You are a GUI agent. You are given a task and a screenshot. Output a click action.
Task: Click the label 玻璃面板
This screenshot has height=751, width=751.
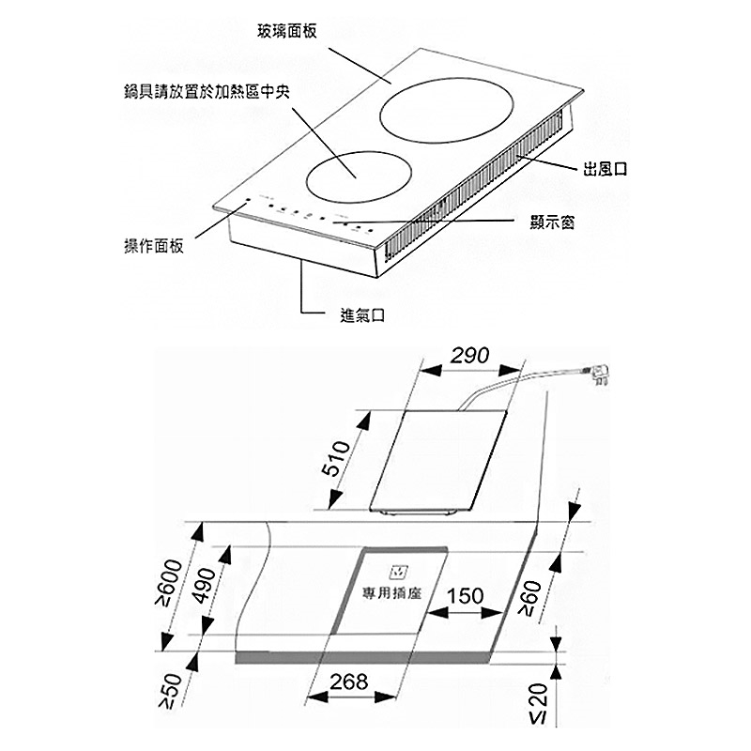point(287,32)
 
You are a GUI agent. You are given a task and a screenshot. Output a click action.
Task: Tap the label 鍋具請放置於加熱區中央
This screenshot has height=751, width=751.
point(207,91)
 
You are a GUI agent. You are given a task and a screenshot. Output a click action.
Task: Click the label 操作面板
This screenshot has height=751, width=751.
point(153,245)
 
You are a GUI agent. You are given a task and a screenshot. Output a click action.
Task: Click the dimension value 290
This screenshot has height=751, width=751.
point(469,356)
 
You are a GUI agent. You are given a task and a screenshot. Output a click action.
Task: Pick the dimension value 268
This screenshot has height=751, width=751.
point(349,682)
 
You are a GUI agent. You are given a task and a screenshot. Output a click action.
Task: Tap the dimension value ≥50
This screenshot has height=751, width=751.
point(172,691)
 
